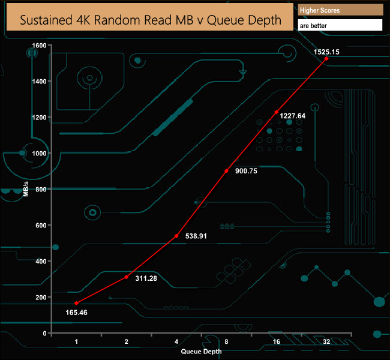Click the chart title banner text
(x=151, y=20)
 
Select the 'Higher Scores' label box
(x=340, y=10)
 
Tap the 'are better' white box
(x=340, y=26)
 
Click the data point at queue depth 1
(x=77, y=303)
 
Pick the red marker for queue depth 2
(x=127, y=277)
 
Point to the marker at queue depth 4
(x=176, y=236)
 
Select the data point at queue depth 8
(x=226, y=171)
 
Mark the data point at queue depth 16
(x=277, y=112)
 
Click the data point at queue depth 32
(x=326, y=59)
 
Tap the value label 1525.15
(x=326, y=52)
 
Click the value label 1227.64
(x=293, y=116)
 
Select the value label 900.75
(x=245, y=171)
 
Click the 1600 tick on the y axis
(x=39, y=45)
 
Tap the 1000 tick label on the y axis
(x=39, y=153)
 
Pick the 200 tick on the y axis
(x=41, y=297)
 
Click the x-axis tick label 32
(x=326, y=341)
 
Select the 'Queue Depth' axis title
(x=200, y=351)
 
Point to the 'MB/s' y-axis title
(x=26, y=188)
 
